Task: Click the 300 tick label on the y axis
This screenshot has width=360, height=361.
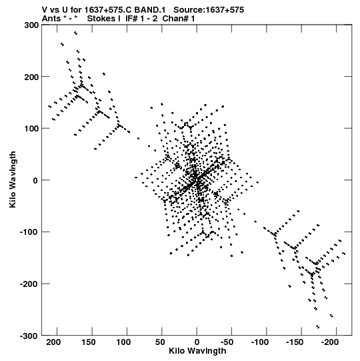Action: click(32, 25)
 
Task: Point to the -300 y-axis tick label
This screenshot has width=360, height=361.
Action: click(29, 336)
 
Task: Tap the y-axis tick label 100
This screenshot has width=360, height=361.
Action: click(32, 129)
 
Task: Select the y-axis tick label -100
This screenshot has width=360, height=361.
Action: click(29, 232)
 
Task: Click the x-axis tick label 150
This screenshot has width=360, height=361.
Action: click(88, 342)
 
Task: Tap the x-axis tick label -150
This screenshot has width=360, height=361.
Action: click(295, 342)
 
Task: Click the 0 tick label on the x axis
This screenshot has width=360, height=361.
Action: click(197, 342)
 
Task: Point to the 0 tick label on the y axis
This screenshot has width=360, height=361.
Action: click(36, 180)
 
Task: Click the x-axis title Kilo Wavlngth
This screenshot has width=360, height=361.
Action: click(197, 351)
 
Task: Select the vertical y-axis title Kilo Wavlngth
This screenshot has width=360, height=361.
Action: click(13, 179)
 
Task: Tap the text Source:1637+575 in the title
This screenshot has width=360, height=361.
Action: click(209, 10)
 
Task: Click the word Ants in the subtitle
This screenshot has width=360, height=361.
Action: click(51, 19)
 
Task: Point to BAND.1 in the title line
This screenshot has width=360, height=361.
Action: click(150, 10)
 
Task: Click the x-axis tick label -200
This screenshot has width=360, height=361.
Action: click(329, 342)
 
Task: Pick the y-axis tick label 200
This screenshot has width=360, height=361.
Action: click(32, 77)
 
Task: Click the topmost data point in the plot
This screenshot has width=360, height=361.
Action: click(75, 33)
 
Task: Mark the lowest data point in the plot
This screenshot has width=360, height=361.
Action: click(318, 326)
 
